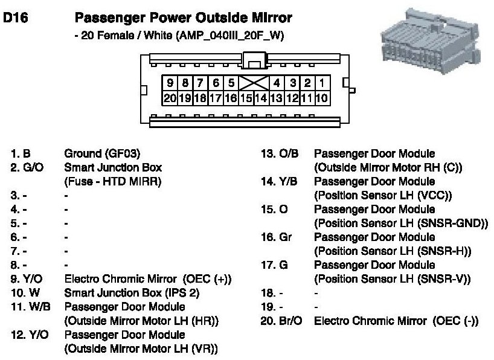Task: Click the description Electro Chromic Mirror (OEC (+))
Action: pos(148,279)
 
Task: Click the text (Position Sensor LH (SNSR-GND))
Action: pos(401,223)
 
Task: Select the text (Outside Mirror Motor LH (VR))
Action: pos(141,348)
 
